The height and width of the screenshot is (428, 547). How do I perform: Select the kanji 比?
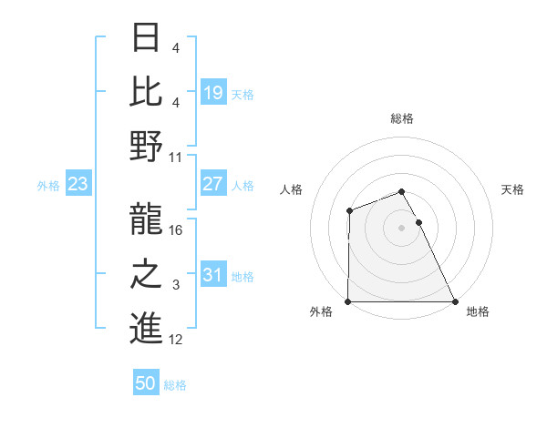(146, 92)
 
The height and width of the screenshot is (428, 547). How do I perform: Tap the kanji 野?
(146, 146)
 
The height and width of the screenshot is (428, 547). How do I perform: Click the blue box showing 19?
(212, 93)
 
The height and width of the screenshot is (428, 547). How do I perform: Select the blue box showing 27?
(212, 184)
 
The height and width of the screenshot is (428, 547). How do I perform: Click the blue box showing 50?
(146, 383)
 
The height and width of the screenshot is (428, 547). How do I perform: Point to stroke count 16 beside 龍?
(177, 230)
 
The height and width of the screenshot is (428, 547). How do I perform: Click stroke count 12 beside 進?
(177, 340)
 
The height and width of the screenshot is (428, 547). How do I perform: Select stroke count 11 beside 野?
(177, 157)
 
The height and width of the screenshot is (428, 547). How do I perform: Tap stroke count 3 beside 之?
(177, 285)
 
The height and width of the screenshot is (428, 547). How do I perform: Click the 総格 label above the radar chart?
(402, 118)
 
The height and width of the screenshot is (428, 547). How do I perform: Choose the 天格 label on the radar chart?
(513, 189)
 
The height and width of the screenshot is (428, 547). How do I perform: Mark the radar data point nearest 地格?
(454, 301)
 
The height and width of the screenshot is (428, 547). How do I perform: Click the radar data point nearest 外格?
(348, 301)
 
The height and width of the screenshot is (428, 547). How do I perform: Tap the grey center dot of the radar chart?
(401, 227)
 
